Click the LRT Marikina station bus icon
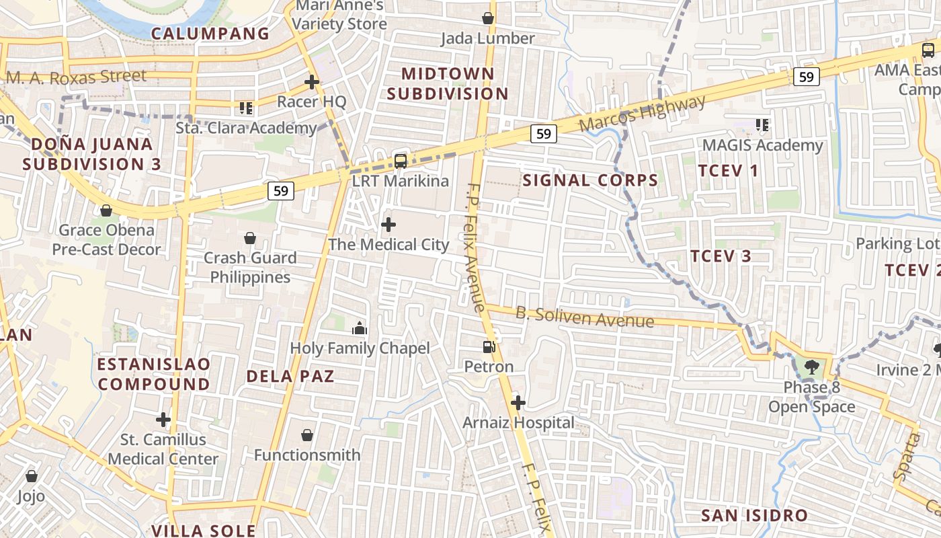click(x=401, y=161)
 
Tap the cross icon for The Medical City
click(x=388, y=225)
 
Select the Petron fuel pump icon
click(x=489, y=347)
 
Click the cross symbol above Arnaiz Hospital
click(x=518, y=403)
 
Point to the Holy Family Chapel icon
click(x=360, y=328)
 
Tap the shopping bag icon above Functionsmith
click(x=307, y=435)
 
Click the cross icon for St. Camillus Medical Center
click(x=163, y=420)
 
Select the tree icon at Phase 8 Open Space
click(x=812, y=367)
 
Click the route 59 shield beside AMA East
click(x=807, y=77)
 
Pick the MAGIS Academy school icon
click(x=762, y=124)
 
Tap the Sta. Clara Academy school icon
click(x=245, y=108)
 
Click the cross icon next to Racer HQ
click(x=311, y=82)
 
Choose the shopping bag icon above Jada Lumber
click(x=488, y=18)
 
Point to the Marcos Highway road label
click(x=642, y=113)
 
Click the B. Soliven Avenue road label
click(x=585, y=317)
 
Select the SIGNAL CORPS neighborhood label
click(x=590, y=180)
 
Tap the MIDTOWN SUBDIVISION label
click(x=447, y=83)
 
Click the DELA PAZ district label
click(x=290, y=376)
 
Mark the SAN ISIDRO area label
click(x=754, y=516)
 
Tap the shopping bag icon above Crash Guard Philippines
click(x=250, y=238)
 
